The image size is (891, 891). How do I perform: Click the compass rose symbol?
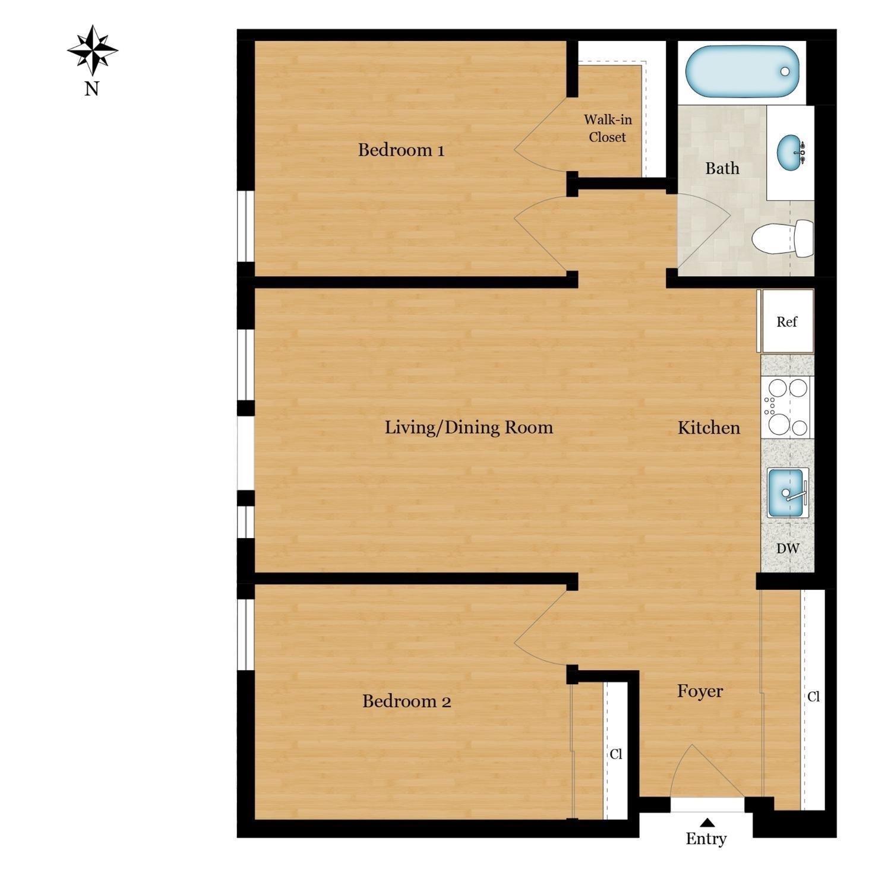coord(92,50)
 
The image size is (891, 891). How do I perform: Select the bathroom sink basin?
coord(790,153)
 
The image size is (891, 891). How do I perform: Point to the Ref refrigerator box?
coord(787,322)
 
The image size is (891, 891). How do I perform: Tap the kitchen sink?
coord(788,493)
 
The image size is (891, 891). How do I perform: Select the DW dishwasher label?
coord(788,549)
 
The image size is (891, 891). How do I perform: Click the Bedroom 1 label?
coord(401,150)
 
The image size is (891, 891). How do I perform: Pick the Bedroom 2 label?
coord(406,702)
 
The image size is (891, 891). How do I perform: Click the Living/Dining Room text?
coord(469,428)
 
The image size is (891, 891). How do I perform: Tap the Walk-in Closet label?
coord(608,128)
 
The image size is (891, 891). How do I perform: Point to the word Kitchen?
coord(709,428)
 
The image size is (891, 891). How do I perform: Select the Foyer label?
coord(700,691)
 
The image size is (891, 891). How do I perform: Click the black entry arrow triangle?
coord(707,823)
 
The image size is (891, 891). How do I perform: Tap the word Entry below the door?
coord(706,839)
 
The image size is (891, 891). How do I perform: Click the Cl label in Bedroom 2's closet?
coord(616,754)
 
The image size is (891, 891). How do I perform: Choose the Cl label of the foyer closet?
coord(813,697)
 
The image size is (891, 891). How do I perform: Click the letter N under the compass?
coord(91,89)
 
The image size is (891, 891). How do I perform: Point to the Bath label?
coord(722,169)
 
